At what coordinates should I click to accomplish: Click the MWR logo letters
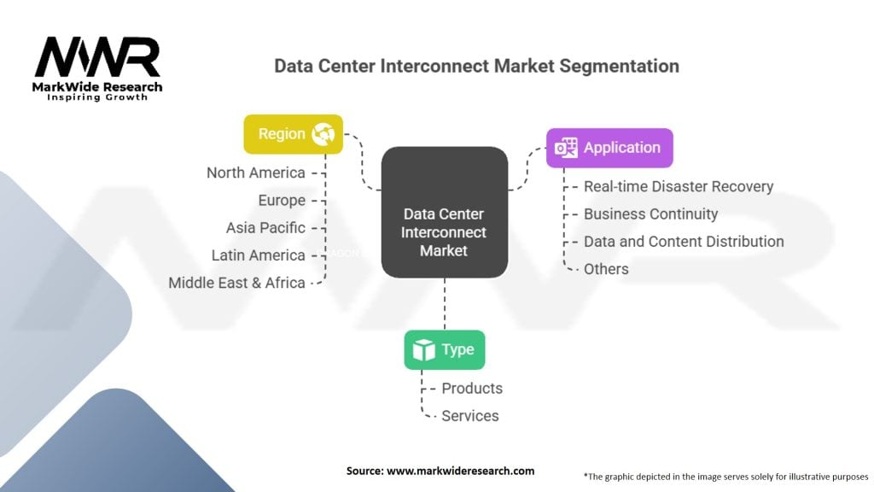click(x=97, y=57)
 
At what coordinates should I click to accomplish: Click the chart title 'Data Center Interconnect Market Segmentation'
click(x=476, y=66)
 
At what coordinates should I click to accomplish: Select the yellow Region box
click(x=294, y=134)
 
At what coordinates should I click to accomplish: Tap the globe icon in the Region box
click(x=323, y=134)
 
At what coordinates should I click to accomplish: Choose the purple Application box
click(x=609, y=148)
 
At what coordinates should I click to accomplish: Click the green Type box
click(x=444, y=349)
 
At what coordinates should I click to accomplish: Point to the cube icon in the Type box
click(x=423, y=349)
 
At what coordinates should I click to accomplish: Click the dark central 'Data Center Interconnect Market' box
click(x=444, y=212)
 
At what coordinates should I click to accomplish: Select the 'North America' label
click(x=256, y=173)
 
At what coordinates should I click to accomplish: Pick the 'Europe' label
click(x=282, y=200)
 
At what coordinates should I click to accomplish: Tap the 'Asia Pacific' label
click(x=265, y=227)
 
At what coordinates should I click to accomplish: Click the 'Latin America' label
click(x=258, y=255)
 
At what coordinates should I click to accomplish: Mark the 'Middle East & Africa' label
click(x=237, y=283)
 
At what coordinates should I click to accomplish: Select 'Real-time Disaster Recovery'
click(x=679, y=186)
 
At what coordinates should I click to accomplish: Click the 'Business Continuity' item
click(x=650, y=214)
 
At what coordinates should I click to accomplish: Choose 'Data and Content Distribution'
click(x=684, y=242)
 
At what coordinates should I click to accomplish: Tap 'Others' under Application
click(x=606, y=269)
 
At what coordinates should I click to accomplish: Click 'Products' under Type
click(x=472, y=389)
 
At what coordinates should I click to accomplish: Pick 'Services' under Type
click(x=470, y=416)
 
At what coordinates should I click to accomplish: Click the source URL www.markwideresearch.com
click(x=460, y=471)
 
